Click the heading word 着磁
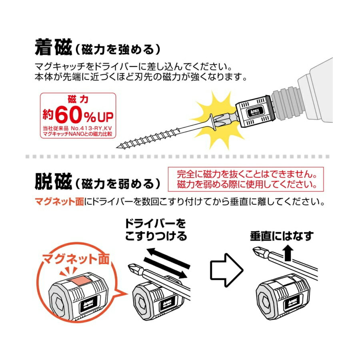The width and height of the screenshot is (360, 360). (x=54, y=47)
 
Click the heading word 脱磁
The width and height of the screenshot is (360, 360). (x=54, y=182)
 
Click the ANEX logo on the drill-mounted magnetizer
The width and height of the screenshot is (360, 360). (x=255, y=112)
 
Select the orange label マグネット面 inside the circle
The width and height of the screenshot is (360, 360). (x=76, y=259)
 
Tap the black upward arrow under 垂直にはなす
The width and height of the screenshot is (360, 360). (x=288, y=253)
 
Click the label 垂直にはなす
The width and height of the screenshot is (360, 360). (x=282, y=236)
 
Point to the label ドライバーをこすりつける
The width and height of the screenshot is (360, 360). (x=156, y=230)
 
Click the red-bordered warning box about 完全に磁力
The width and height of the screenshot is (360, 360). (x=246, y=179)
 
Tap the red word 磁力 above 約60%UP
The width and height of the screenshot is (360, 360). (x=78, y=99)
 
